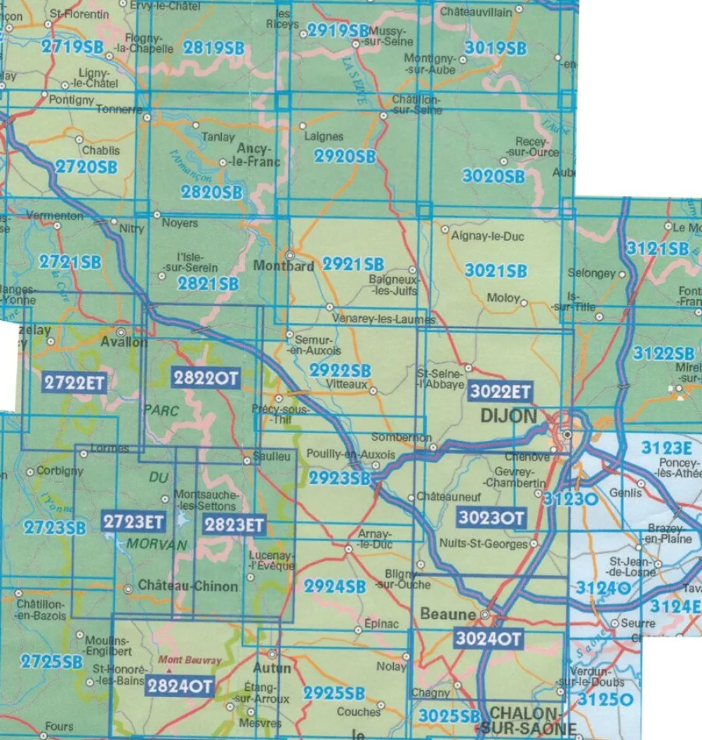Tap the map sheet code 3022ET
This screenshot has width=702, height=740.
coord(501,391)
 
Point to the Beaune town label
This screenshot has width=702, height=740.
coord(448,614)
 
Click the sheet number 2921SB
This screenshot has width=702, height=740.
coord(353,265)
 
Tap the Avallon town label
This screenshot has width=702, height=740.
coord(124,343)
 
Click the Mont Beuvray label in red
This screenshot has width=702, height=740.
coord(183,661)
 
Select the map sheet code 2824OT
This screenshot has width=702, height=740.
coord(180,686)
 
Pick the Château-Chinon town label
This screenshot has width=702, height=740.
coord(188,586)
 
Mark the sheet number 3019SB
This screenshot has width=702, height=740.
coord(495,48)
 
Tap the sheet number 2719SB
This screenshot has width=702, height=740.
coord(72,48)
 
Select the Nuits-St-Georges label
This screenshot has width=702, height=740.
coord(483,544)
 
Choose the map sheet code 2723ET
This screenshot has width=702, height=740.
coord(133,522)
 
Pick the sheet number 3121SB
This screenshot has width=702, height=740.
coord(658,248)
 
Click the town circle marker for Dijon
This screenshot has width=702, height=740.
coord(567,435)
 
